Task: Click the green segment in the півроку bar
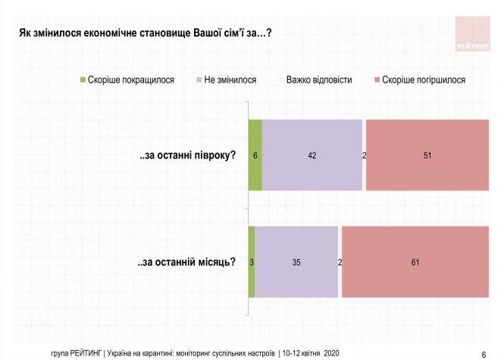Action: (x=255, y=155)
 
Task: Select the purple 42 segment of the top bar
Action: (x=312, y=155)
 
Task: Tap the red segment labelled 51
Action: (x=428, y=155)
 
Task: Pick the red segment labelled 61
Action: (x=416, y=262)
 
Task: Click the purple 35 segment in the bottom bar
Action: (x=296, y=262)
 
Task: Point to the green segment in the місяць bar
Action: (x=252, y=262)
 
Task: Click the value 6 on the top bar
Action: (x=256, y=155)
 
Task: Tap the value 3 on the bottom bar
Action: (x=251, y=263)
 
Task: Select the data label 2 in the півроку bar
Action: (x=365, y=155)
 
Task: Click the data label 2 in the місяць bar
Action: (x=340, y=263)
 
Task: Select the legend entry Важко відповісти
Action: (x=318, y=79)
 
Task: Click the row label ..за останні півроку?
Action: (x=187, y=155)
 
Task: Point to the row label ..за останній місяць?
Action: (x=186, y=262)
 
